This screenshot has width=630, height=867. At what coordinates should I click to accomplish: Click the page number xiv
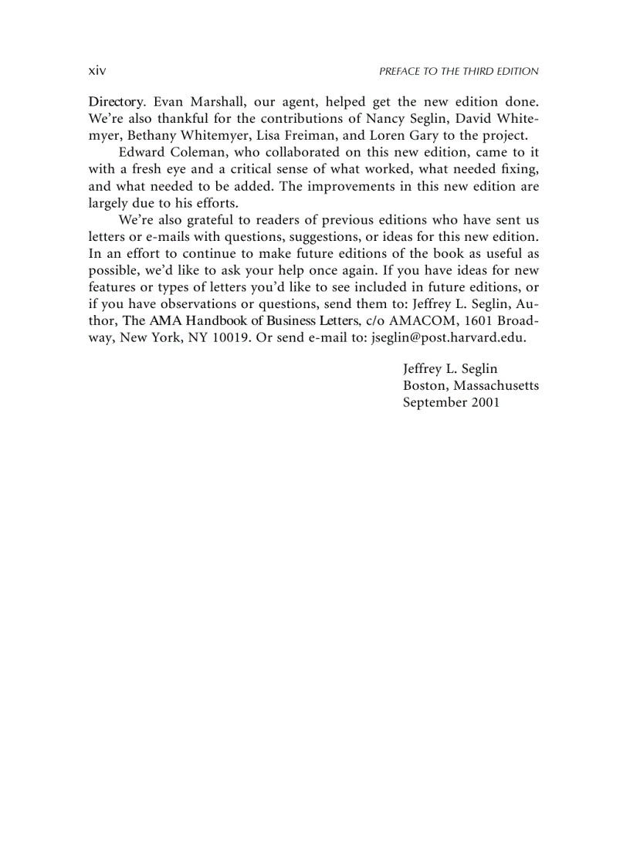[x=97, y=71]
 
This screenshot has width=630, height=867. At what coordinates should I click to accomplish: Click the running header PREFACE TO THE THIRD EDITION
[x=459, y=71]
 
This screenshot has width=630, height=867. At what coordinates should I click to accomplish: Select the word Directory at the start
[x=114, y=102]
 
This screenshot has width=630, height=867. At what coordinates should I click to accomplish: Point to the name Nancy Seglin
[x=439, y=119]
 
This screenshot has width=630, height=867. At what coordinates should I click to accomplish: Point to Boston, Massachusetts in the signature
[x=470, y=385]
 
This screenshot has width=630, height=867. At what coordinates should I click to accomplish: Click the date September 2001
[x=451, y=402]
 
